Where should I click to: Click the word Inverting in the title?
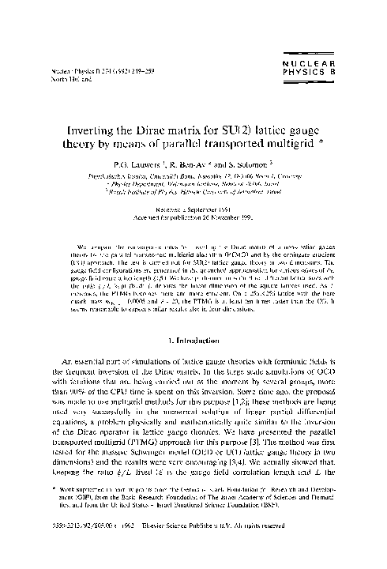coord(101,126)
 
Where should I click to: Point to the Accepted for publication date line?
coord(193,219)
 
